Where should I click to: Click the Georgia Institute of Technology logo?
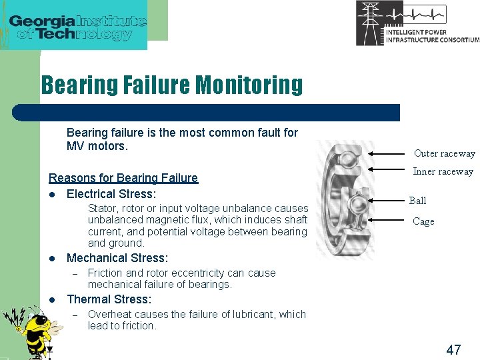[77, 26]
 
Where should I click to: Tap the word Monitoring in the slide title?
[249, 85]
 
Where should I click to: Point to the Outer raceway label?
[444, 153]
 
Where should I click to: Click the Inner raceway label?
[443, 171]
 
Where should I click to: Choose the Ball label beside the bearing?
[417, 201]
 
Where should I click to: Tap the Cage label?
[423, 221]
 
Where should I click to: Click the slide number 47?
[453, 349]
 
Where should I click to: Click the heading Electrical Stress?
[111, 194]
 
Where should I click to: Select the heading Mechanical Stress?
[117, 258]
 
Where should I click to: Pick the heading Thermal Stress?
[109, 299]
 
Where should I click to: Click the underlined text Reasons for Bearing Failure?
[123, 178]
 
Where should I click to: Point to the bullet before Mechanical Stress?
[52, 259]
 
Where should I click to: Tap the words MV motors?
[96, 145]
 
